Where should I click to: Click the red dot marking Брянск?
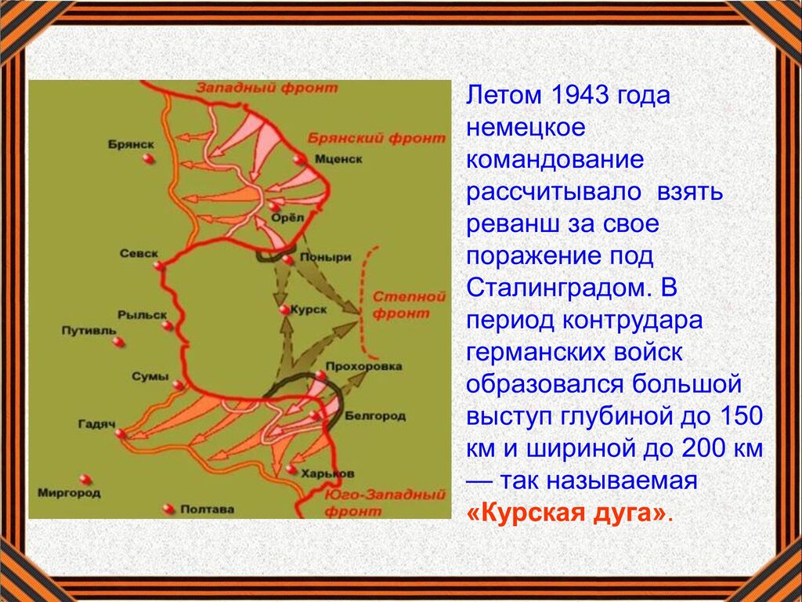tap(148, 158)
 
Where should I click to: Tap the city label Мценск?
tap(338, 159)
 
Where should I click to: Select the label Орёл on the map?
tap(287, 219)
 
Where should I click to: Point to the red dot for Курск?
tap(284, 310)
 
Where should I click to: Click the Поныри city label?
tap(325, 257)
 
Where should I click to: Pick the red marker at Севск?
tap(159, 266)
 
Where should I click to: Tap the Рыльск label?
tap(143, 315)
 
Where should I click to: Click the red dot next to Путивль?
tap(118, 342)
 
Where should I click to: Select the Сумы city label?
tap(150, 377)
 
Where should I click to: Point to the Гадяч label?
tap(96, 424)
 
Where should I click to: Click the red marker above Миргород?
tap(85, 480)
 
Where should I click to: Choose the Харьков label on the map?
tap(328, 474)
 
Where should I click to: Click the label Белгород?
tap(375, 415)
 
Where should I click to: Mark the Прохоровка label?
tap(363, 367)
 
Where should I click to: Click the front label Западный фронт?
tap(267, 88)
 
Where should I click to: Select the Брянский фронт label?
tap(377, 138)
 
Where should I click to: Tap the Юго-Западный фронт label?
tap(385, 502)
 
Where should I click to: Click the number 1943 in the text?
tap(579, 95)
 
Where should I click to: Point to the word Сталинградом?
tap(557, 288)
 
